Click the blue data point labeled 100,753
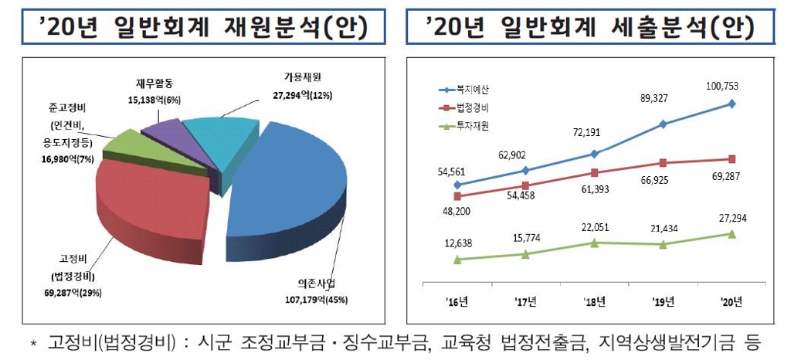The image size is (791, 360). [x=732, y=104]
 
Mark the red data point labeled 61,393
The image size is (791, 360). [x=594, y=173]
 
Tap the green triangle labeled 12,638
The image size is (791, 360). [x=457, y=260]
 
